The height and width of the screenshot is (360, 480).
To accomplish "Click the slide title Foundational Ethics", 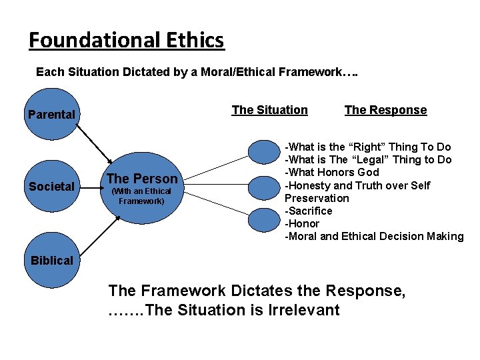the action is click(126, 41).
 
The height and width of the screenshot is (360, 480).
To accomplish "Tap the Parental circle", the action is click(51, 115).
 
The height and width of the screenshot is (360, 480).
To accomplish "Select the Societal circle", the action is click(51, 187).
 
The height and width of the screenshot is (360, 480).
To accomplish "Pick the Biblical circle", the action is click(51, 260).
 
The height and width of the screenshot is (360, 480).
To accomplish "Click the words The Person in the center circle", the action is click(142, 179).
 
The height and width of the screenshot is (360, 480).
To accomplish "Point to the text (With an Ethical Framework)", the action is click(141, 196).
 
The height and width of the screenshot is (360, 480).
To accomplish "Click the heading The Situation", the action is click(269, 110).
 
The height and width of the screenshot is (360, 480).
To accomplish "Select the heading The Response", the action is click(385, 110).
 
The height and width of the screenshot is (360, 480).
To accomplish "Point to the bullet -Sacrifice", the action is click(308, 211).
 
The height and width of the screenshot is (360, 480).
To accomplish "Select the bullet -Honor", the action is click(302, 223).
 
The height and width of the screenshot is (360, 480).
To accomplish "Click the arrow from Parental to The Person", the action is click(86, 145).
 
